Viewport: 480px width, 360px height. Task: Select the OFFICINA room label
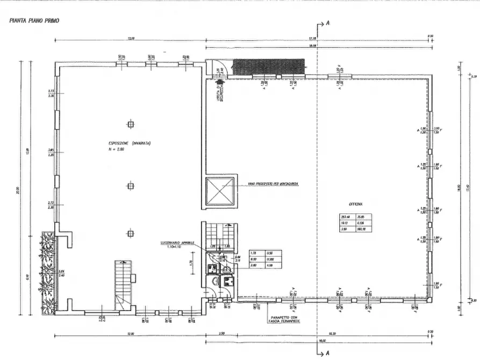(x=355, y=205)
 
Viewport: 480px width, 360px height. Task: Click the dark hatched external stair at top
(x=269, y=68)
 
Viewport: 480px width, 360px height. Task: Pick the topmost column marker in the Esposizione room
(x=130, y=124)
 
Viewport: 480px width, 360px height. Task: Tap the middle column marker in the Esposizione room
(x=130, y=186)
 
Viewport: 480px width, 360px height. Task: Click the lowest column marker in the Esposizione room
(x=130, y=233)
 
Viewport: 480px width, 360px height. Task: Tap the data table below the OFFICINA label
(x=355, y=221)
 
